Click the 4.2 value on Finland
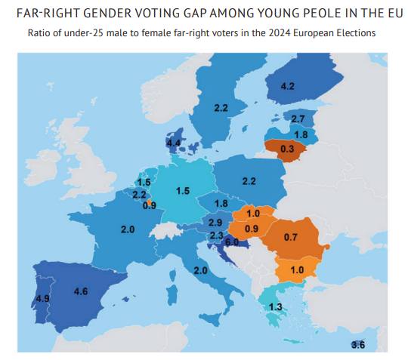[288, 86]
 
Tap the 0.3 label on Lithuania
[287, 149]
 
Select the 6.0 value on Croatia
[232, 242]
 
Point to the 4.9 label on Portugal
[42, 298]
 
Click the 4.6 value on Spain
[81, 291]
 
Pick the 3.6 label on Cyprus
[358, 345]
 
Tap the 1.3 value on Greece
[276, 307]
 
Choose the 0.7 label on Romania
[290, 237]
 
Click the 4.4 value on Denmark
[174, 143]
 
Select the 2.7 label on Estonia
[298, 118]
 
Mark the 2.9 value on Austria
[215, 223]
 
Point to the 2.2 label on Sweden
[221, 108]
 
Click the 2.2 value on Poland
[249, 181]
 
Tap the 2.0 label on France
[128, 229]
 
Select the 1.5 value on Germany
[183, 191]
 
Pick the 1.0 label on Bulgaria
[297, 269]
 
